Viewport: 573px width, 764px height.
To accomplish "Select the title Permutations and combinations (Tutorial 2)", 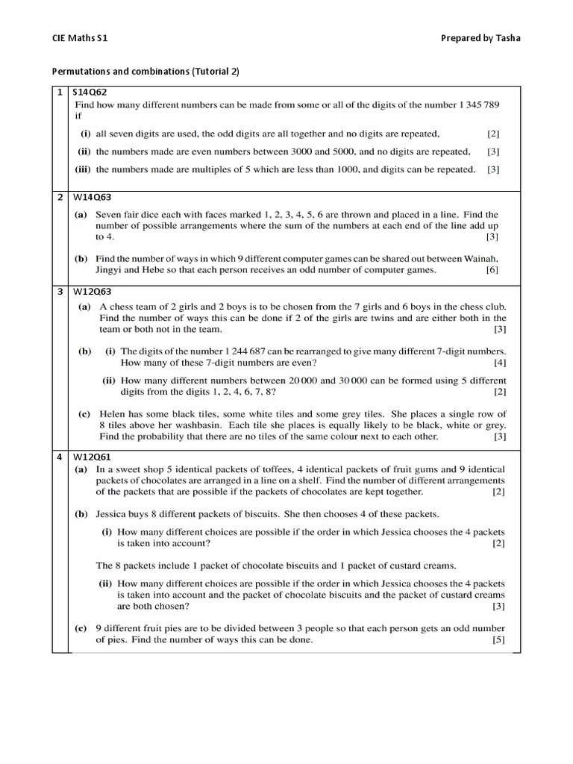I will click(x=145, y=72).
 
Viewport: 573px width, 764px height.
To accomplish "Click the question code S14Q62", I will click(x=90, y=93).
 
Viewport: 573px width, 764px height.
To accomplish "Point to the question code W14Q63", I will click(x=90, y=198).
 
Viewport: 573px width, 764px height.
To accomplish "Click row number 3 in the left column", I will click(x=60, y=292).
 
